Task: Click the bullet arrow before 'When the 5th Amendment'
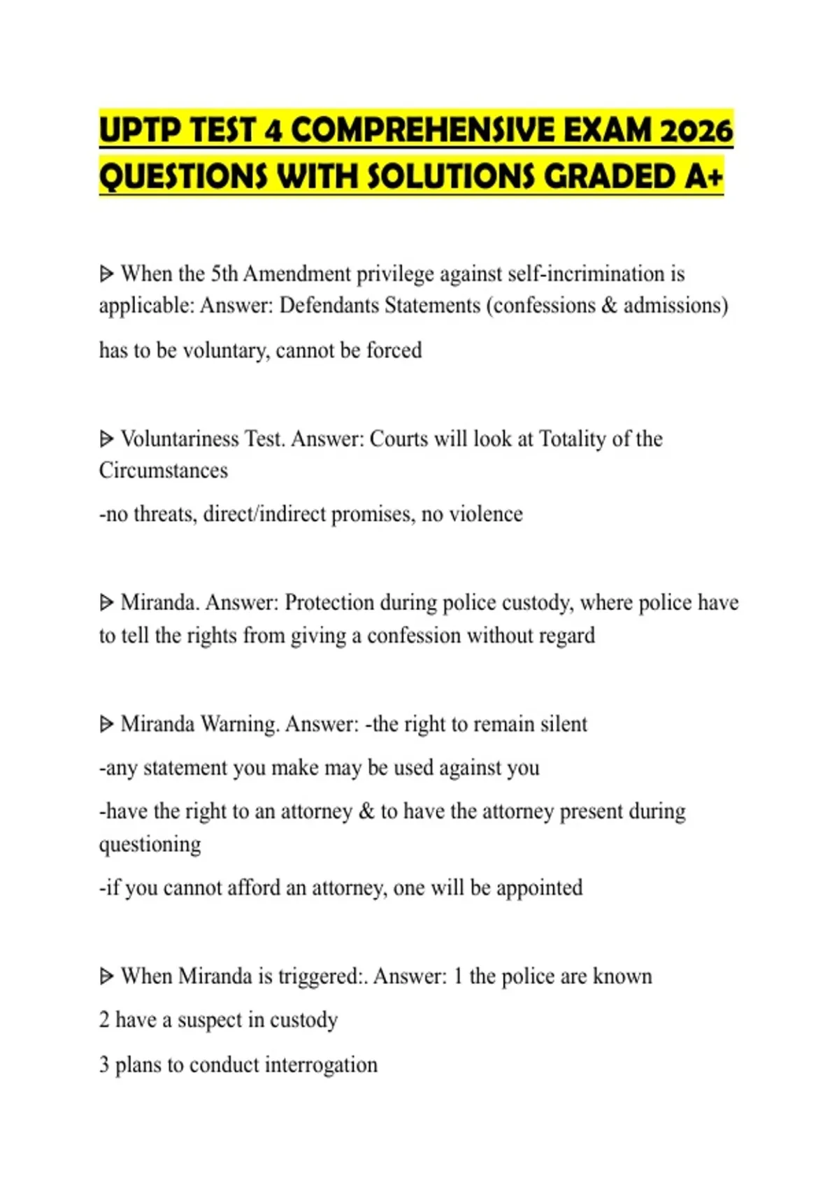[106, 273]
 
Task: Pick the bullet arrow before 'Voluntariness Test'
[106, 439]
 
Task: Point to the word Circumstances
[164, 470]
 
